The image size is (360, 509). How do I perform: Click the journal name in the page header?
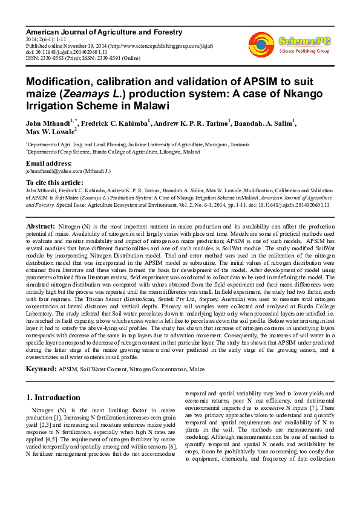click(103, 31)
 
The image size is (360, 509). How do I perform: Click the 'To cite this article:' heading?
click(54, 182)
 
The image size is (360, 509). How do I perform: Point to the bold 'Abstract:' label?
click(41, 225)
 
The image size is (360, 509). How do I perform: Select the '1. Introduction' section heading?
click(52, 398)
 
